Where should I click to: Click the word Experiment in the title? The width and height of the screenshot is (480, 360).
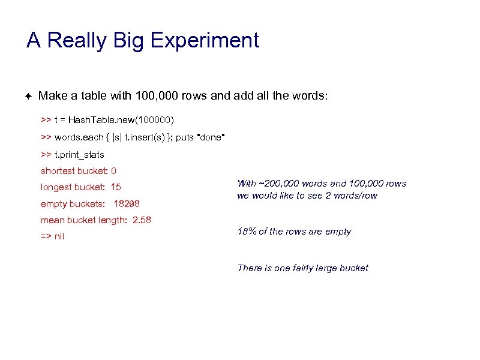(205, 41)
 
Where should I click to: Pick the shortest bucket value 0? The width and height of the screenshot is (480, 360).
(114, 171)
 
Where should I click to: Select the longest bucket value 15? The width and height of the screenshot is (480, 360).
(116, 187)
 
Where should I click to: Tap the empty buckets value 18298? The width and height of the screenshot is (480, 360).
(127, 204)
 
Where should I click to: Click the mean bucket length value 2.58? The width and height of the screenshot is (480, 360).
(142, 220)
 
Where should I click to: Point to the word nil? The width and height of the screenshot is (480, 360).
(59, 236)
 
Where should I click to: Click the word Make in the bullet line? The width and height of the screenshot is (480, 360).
(50, 96)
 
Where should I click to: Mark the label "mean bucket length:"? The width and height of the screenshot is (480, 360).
(84, 220)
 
